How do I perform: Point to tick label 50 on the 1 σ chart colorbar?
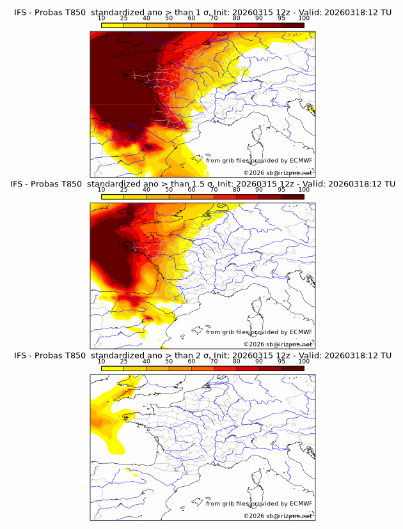[169, 17]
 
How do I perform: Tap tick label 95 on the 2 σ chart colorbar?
[281, 361]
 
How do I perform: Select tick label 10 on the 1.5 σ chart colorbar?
[102, 189]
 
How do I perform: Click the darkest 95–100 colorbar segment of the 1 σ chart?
[292, 24]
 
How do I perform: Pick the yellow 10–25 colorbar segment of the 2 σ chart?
[113, 368]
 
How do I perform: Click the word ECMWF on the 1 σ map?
[301, 161]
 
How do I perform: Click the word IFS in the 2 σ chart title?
[20, 356]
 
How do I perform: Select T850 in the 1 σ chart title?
[74, 12]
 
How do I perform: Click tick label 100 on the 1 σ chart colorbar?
[304, 17]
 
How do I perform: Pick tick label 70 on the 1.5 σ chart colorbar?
[214, 189]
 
